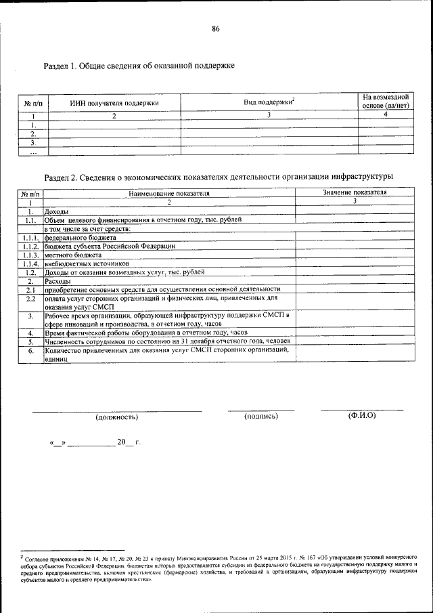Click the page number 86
pyautogui.click(x=216, y=29)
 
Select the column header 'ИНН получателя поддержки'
pyautogui.click(x=114, y=104)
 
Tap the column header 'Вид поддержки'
pyautogui.click(x=268, y=102)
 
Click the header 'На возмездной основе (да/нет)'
pyautogui.click(x=385, y=102)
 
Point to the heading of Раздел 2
pyautogui.click(x=218, y=177)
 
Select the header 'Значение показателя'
pyautogui.click(x=355, y=193)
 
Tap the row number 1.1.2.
pyautogui.click(x=30, y=247)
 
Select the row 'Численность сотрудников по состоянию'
pyautogui.click(x=168, y=341)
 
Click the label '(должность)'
pyautogui.click(x=117, y=417)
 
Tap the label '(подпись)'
pyautogui.click(x=261, y=416)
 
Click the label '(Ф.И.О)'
pyautogui.click(x=361, y=415)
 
